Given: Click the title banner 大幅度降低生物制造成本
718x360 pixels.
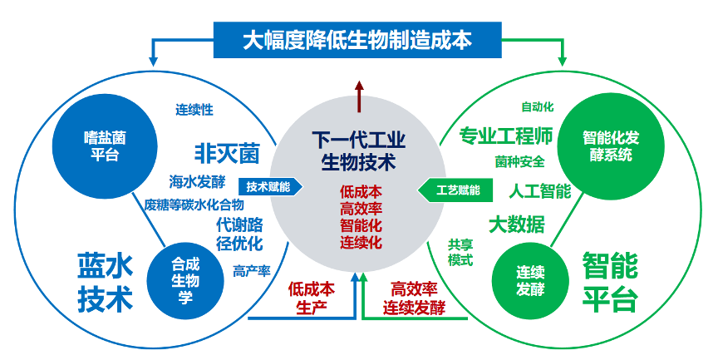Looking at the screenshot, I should [358, 40].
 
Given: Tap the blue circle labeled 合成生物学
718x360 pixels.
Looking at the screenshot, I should [185, 279].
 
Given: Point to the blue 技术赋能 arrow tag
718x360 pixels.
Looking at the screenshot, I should [267, 187].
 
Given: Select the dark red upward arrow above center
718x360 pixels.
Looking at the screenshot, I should [358, 96].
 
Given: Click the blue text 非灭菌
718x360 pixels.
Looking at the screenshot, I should [227, 153].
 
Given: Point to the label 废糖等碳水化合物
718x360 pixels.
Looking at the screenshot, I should [194, 204].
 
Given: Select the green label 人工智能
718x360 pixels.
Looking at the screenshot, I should [539, 191].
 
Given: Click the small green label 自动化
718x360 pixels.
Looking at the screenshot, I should [537, 106].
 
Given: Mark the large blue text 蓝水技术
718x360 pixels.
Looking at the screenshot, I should [105, 281].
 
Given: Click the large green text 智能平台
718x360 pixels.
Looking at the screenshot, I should [609, 282].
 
